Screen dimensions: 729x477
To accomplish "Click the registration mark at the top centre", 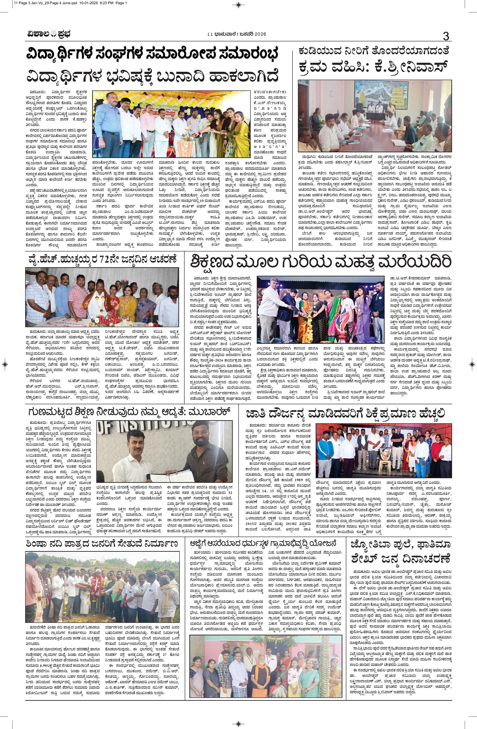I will pyautogui.click(x=239, y=4).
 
